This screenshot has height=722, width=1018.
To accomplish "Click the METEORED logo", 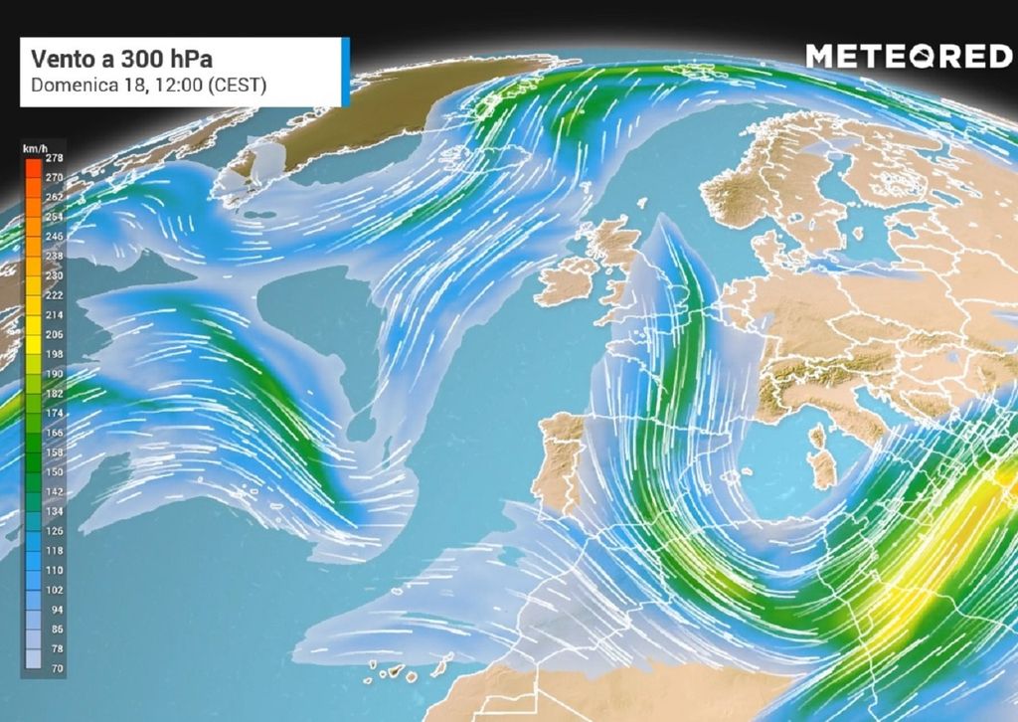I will click(x=908, y=57).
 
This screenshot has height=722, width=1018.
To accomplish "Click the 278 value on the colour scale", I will click(x=55, y=158).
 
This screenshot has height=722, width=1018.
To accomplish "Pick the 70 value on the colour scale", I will click(x=57, y=669).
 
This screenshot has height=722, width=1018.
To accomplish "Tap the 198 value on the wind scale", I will click(x=55, y=353).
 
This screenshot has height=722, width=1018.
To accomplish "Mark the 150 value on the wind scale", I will click(x=55, y=471).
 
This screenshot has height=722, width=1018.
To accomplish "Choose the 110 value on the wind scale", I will click(x=55, y=571).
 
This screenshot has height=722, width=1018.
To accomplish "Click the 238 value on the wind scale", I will click(x=55, y=256).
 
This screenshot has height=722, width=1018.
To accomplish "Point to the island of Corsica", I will click(x=818, y=436).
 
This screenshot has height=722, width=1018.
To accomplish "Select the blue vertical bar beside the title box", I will click(x=345, y=72).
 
